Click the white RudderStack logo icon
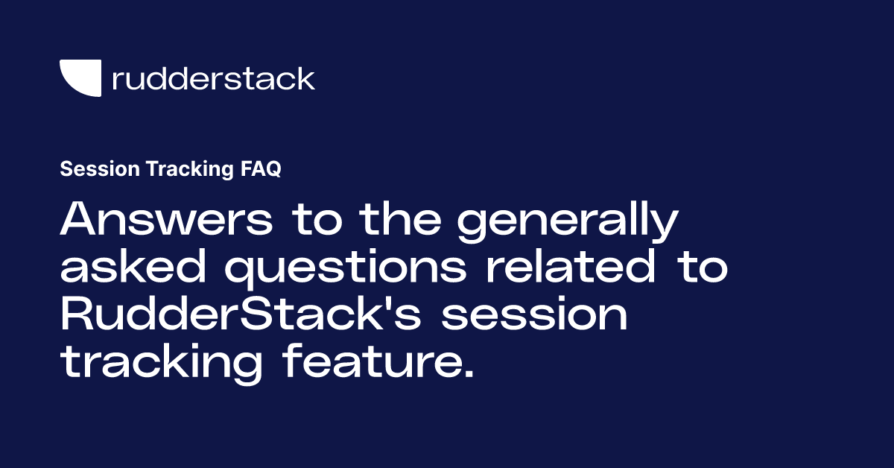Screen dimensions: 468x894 [x=80, y=78]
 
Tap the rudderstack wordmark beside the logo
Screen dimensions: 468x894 [x=213, y=78]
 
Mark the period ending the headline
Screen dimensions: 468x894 [x=468, y=375]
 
